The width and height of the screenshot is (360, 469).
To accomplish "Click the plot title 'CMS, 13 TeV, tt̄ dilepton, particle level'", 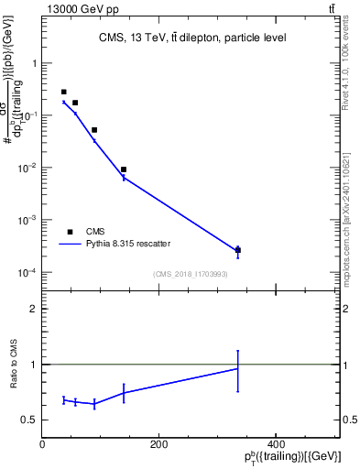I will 191,38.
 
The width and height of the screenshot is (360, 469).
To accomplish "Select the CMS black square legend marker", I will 70,232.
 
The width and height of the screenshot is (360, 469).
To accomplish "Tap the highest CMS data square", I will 63,92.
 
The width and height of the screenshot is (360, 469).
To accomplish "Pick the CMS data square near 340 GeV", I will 238,250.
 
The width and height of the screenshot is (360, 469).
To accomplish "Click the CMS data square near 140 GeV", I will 124,169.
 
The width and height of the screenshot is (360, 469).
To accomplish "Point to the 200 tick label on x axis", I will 158,444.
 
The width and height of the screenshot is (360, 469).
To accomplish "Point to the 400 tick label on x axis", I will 275,444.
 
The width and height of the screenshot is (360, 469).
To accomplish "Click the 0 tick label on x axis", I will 42,444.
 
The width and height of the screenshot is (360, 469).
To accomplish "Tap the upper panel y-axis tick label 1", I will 34,64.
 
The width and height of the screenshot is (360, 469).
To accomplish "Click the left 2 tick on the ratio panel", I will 34,309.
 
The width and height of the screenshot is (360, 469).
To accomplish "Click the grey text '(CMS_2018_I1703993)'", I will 191,274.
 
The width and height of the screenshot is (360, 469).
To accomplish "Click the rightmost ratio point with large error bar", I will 238,368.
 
